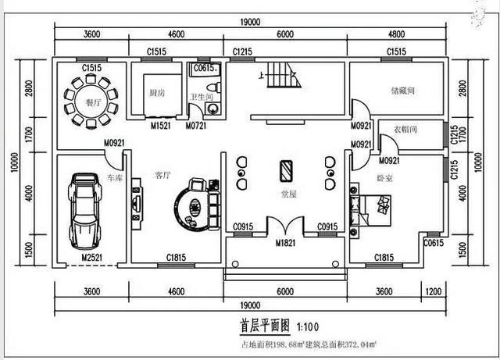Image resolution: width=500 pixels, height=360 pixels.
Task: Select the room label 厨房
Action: (156, 92)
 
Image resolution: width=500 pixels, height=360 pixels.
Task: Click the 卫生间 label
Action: (201, 97)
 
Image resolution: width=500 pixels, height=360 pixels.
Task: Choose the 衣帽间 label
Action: (404, 129)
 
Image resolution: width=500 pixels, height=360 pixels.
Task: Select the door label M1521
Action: (160, 125)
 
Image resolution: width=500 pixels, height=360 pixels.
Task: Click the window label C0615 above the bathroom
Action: (204, 69)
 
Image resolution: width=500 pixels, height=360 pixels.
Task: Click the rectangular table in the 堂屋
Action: (287, 170)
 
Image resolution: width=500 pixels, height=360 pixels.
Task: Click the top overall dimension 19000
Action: (250, 21)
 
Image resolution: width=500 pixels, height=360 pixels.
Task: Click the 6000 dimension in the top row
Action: (286, 35)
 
